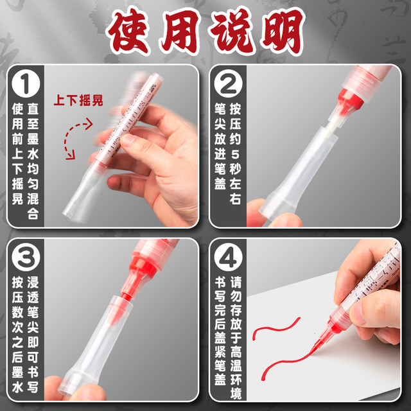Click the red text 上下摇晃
pos(78,101)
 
